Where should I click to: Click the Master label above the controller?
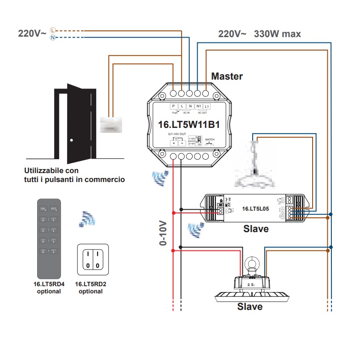point(227,76)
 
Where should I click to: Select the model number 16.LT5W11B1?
point(189,125)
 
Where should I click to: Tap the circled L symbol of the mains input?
point(53,30)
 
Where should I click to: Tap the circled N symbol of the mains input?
point(53,38)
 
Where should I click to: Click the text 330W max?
point(277,34)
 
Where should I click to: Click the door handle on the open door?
point(72,140)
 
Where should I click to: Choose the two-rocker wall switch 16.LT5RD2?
point(93,259)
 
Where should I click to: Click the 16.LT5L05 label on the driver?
point(255,208)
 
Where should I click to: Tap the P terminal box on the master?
point(174,106)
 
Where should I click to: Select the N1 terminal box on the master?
point(199,106)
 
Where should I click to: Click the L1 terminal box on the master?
point(206,106)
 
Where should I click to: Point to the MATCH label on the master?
point(210,140)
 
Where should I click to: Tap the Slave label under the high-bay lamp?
point(250,307)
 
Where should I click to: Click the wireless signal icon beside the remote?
point(87,219)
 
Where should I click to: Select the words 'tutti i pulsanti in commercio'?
point(75,180)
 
